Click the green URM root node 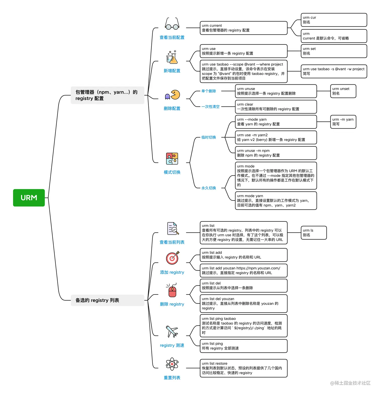[29, 198]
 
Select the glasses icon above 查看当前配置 [172, 24]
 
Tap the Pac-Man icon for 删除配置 [172, 95]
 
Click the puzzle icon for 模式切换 [172, 159]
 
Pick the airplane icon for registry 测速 [172, 331]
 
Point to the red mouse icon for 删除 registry [172, 291]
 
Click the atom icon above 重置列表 [172, 364]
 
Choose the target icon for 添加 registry [172, 258]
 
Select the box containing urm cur [334, 20]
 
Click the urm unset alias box [343, 91]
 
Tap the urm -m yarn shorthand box [343, 122]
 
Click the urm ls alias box [314, 233]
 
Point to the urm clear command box [276, 107]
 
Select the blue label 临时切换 [209, 137]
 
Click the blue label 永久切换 [209, 188]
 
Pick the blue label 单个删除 [209, 91]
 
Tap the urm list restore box [243, 368]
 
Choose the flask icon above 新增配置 [172, 57]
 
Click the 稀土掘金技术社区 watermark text [350, 383]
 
